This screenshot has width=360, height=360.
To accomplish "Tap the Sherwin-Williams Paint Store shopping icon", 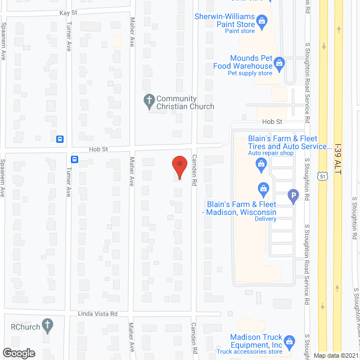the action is tap(261, 22).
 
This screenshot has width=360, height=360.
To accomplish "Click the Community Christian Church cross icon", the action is tap(149, 102).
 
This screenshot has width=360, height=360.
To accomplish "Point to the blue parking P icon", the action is tap(292, 196).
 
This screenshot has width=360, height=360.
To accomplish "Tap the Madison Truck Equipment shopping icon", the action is tap(289, 341).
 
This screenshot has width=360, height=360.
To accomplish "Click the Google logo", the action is tap(18, 353).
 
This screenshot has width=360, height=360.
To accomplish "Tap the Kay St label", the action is tap(67, 12).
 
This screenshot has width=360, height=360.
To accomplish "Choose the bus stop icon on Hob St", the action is tap(75, 159).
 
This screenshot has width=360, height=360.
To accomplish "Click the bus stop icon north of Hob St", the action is tap(60, 139).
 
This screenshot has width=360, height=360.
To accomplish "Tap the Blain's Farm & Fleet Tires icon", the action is tap(261, 164).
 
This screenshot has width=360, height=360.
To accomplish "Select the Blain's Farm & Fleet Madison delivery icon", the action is tap(262, 188).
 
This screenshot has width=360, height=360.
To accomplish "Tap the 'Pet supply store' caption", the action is tap(250, 73).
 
